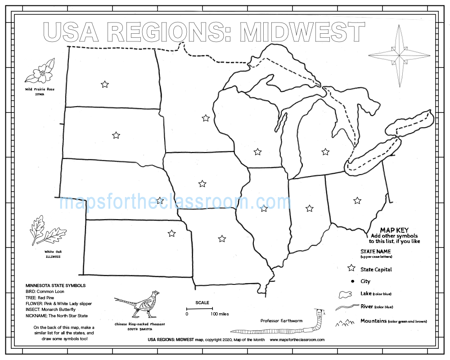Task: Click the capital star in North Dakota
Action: click(x=105, y=84)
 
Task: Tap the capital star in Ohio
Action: click(x=357, y=200)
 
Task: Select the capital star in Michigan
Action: click(x=325, y=152)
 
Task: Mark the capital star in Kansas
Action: click(x=171, y=233)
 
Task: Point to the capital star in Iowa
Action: click(x=202, y=184)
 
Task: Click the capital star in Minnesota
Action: click(x=206, y=118)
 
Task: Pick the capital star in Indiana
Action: click(x=310, y=208)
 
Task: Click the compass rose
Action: click(x=400, y=55)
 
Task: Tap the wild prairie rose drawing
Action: click(x=40, y=72)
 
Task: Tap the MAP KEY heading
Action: click(x=394, y=230)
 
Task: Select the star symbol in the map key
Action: click(x=351, y=269)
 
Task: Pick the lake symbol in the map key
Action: click(x=345, y=294)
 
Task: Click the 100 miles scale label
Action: click(x=220, y=314)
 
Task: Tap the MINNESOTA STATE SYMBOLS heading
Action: click(x=55, y=285)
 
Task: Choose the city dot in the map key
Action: click(x=351, y=281)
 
